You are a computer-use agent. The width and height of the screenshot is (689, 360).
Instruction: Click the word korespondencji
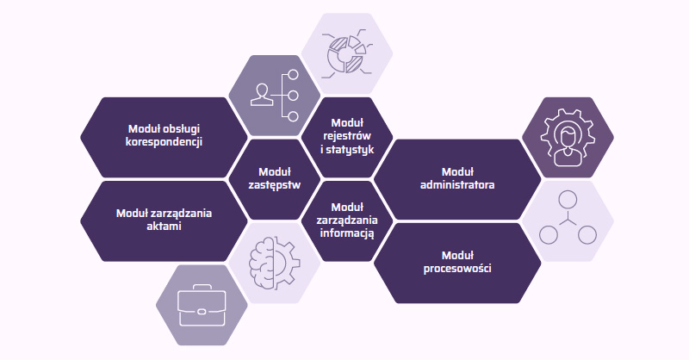[164, 142]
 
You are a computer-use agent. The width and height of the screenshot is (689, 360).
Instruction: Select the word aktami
[164, 227]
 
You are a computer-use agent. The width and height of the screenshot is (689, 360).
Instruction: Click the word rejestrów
[347, 136]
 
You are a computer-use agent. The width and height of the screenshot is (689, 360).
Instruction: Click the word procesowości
[457, 269]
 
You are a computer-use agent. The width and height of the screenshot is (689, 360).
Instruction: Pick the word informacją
[347, 233]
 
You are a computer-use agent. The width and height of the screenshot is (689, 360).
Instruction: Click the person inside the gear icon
[568, 136]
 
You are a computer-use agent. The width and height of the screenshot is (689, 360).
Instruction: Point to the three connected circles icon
[568, 220]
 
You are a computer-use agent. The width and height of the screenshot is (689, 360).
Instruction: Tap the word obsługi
[184, 129]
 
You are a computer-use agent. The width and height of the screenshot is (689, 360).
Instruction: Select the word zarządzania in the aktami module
[183, 213]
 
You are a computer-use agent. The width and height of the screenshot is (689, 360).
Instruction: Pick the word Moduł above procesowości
[457, 255]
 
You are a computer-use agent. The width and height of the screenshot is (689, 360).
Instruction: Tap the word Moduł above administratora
[457, 171]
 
